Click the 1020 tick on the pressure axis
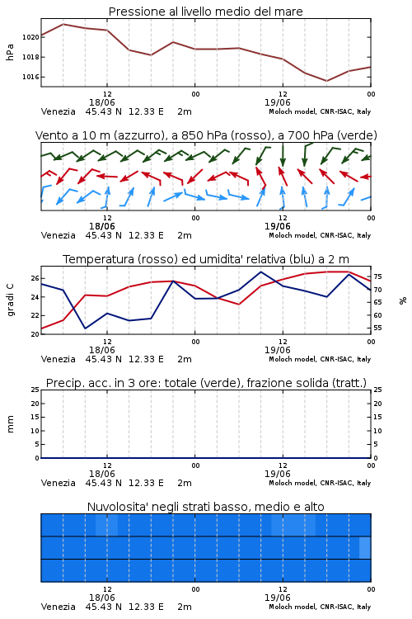[x=30, y=37]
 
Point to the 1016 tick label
[x=30, y=77]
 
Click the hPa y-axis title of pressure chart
[x=10, y=52]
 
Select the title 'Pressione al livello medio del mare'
[x=206, y=12]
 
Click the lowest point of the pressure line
[x=326, y=81]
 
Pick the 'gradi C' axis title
[x=11, y=300]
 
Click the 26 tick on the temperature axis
[x=35, y=278]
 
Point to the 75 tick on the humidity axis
[x=377, y=276]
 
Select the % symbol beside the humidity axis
[x=403, y=300]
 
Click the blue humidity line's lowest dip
[x=86, y=328]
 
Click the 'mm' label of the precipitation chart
[x=10, y=424]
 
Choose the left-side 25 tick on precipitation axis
[x=35, y=390]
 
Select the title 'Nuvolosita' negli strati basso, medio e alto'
[x=206, y=507]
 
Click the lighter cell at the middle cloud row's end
[x=365, y=547]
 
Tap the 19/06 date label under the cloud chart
[x=278, y=598]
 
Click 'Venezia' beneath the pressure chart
[x=59, y=111]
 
